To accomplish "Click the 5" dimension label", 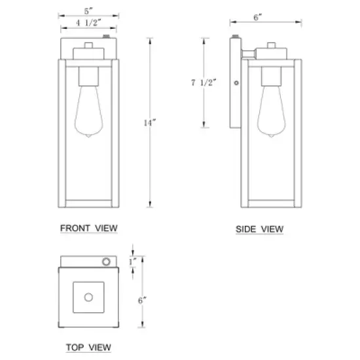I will point(88,11).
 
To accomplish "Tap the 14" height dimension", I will point(152,122).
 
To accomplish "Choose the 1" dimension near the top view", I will point(133,262).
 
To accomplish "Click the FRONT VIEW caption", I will point(88,228).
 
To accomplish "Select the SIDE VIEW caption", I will point(259,229).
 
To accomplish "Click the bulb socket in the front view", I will point(88,77).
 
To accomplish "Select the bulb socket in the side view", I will point(271,77).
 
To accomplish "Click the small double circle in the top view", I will point(105,262).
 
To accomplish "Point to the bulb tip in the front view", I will point(88,134).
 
